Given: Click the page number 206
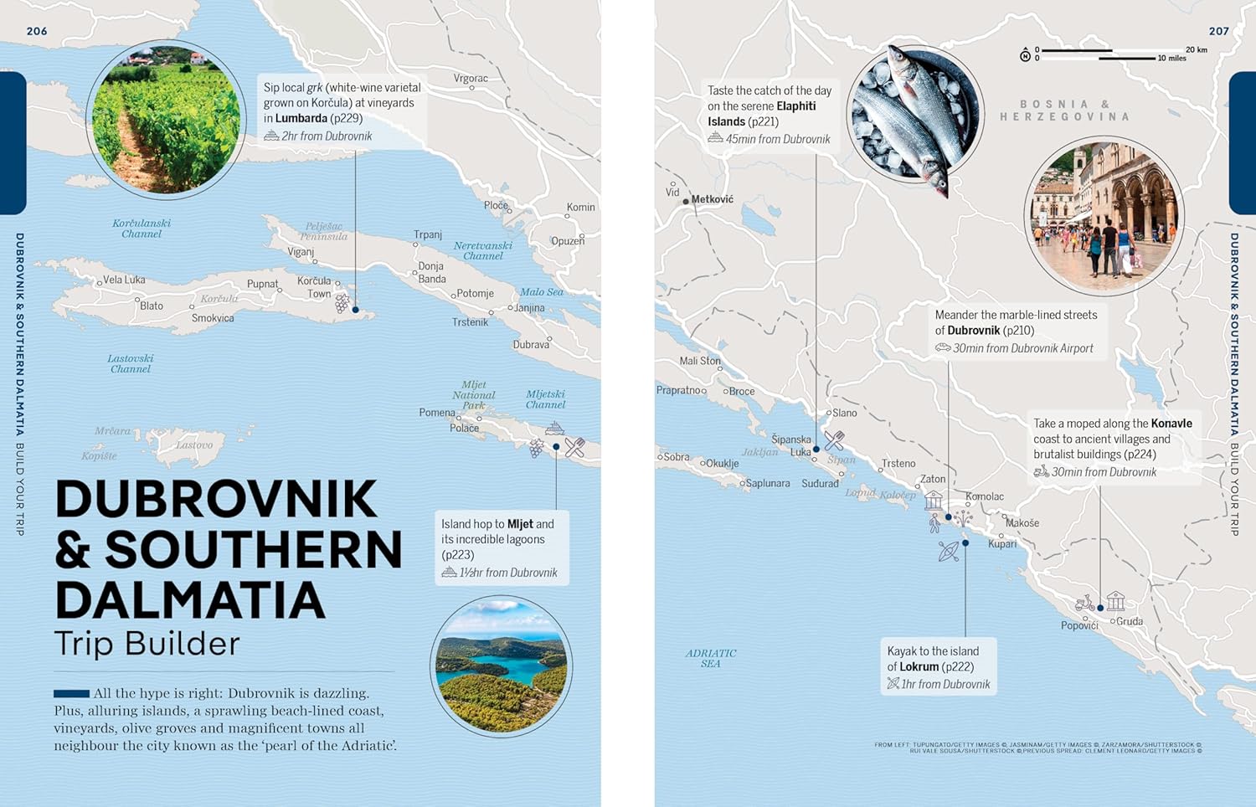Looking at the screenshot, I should (x=37, y=31).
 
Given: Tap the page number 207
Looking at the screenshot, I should (x=1218, y=31).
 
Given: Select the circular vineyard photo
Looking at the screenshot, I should (x=166, y=119).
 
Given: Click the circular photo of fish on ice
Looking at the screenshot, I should (x=914, y=114).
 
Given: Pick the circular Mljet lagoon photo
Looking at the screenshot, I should (x=501, y=666).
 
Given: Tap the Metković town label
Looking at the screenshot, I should (x=712, y=199).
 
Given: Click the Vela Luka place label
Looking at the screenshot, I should (x=124, y=280).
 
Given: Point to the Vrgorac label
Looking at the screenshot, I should (x=471, y=79).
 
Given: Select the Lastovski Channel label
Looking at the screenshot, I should (x=131, y=363).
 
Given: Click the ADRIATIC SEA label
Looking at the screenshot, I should (x=710, y=658).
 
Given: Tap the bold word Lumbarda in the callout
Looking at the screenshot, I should (x=301, y=119).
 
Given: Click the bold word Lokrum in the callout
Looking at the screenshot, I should (x=919, y=667).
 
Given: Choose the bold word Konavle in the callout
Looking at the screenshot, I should (x=1171, y=424).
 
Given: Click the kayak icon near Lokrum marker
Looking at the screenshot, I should (x=948, y=551).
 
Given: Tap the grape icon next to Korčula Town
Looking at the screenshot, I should (x=342, y=303).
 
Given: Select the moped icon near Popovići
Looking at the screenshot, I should (x=1084, y=604).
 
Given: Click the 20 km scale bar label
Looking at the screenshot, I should (x=1196, y=49).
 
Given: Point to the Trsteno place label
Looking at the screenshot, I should (x=898, y=463).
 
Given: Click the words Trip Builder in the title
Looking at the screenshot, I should (x=147, y=644).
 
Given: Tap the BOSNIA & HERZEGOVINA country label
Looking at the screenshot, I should (x=1064, y=111).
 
